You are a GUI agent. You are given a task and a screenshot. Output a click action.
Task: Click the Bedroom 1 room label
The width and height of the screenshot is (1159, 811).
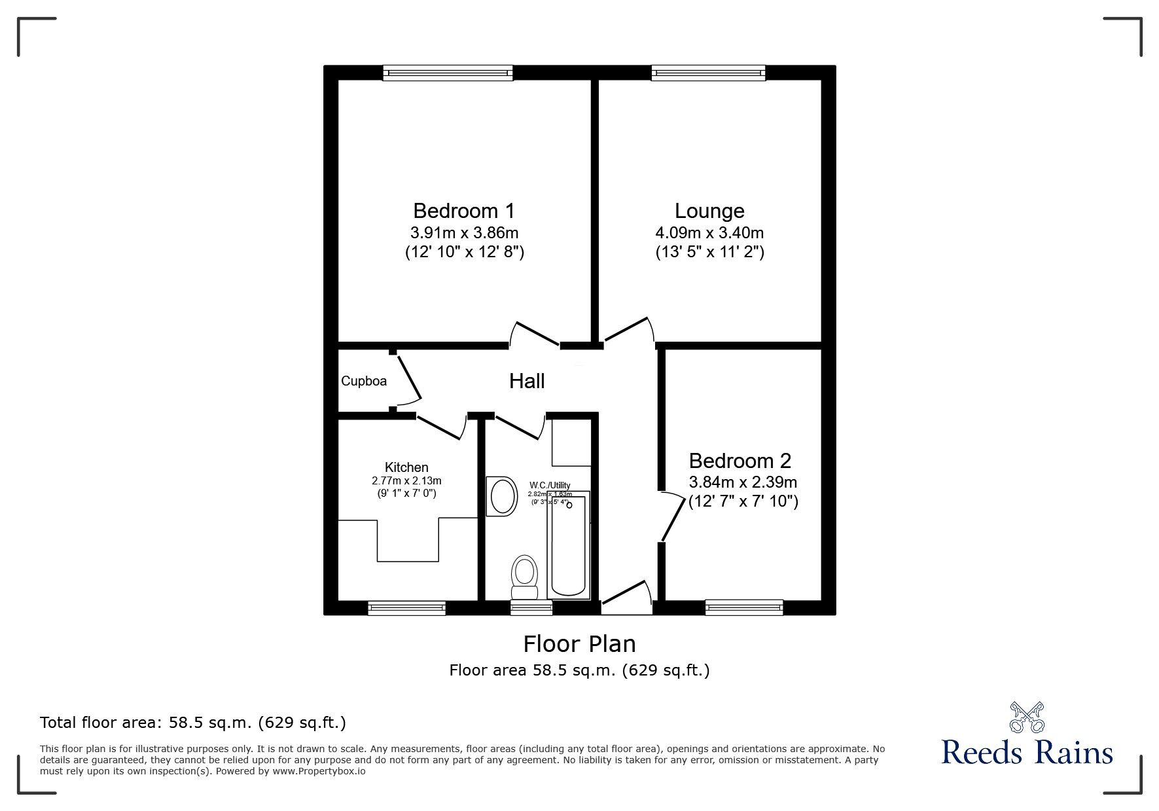[x=464, y=211]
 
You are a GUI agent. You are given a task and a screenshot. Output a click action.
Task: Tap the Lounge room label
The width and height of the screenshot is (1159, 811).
[x=709, y=211]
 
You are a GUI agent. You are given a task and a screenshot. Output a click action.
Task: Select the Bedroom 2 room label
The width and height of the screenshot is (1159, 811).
[x=740, y=461]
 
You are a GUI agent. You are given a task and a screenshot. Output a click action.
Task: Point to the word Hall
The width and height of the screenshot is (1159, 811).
[x=527, y=381]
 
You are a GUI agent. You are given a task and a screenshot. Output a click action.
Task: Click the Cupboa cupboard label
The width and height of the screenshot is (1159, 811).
[x=364, y=381]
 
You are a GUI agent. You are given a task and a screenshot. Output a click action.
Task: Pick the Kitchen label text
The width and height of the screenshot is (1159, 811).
[x=406, y=467]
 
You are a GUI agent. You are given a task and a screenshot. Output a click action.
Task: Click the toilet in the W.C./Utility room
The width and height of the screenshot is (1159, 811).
[x=524, y=575]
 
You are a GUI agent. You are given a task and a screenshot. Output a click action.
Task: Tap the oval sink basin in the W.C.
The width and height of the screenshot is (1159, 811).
[x=503, y=496]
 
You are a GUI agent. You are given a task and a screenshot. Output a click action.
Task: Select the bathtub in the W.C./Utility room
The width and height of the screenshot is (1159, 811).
[x=569, y=545]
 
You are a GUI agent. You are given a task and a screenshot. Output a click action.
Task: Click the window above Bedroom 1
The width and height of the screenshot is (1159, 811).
[x=448, y=73]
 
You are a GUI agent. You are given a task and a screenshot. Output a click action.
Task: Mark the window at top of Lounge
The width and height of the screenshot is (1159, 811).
[x=708, y=73]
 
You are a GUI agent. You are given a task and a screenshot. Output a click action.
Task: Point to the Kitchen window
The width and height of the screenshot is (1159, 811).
[x=406, y=608]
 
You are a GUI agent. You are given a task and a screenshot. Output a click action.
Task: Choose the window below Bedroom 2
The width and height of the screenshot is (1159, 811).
[x=744, y=608]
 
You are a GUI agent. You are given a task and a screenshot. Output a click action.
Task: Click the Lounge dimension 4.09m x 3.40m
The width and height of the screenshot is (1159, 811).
[x=709, y=232]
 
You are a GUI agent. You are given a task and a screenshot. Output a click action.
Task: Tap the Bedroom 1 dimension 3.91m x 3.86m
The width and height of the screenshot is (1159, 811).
[x=464, y=232]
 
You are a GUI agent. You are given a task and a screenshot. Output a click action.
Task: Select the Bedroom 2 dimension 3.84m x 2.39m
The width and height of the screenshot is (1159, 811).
[x=743, y=482]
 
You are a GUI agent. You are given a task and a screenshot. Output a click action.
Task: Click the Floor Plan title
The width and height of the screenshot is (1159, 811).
[x=579, y=644]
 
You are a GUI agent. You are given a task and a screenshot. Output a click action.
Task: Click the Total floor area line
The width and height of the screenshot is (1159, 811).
[x=193, y=723]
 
